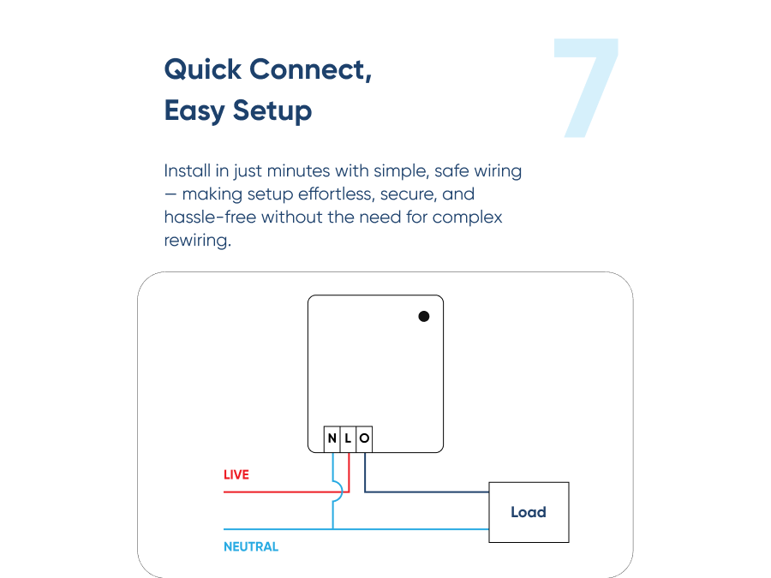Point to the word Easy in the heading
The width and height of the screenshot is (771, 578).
194,110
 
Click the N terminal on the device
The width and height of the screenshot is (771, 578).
332,439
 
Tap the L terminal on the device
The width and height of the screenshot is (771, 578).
348,439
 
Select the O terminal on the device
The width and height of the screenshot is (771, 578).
364,439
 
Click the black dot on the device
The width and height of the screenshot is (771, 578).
423,316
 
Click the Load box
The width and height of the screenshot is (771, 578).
529,512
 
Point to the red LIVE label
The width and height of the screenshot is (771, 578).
236,474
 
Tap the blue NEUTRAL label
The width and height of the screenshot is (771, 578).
251,546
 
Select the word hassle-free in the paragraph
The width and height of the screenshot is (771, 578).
210,217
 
